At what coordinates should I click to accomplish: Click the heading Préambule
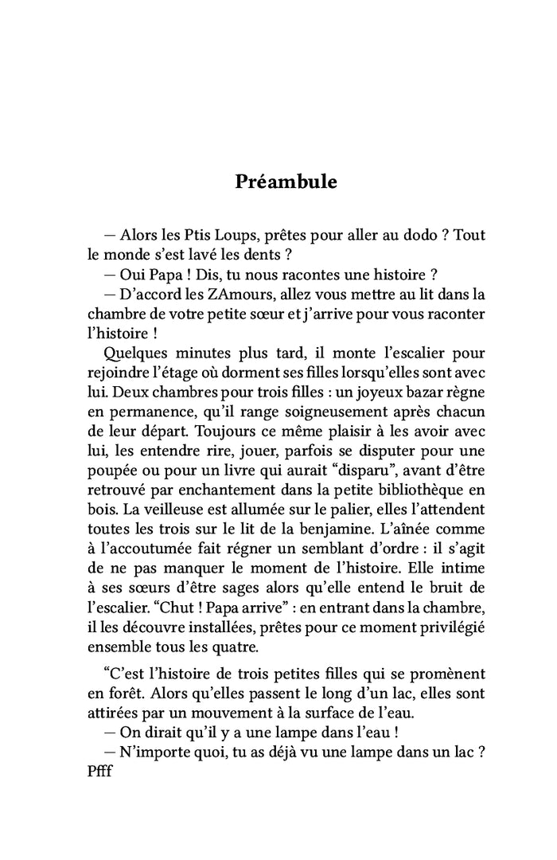coord(286,182)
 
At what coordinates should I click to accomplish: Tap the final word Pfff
coord(103,771)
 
